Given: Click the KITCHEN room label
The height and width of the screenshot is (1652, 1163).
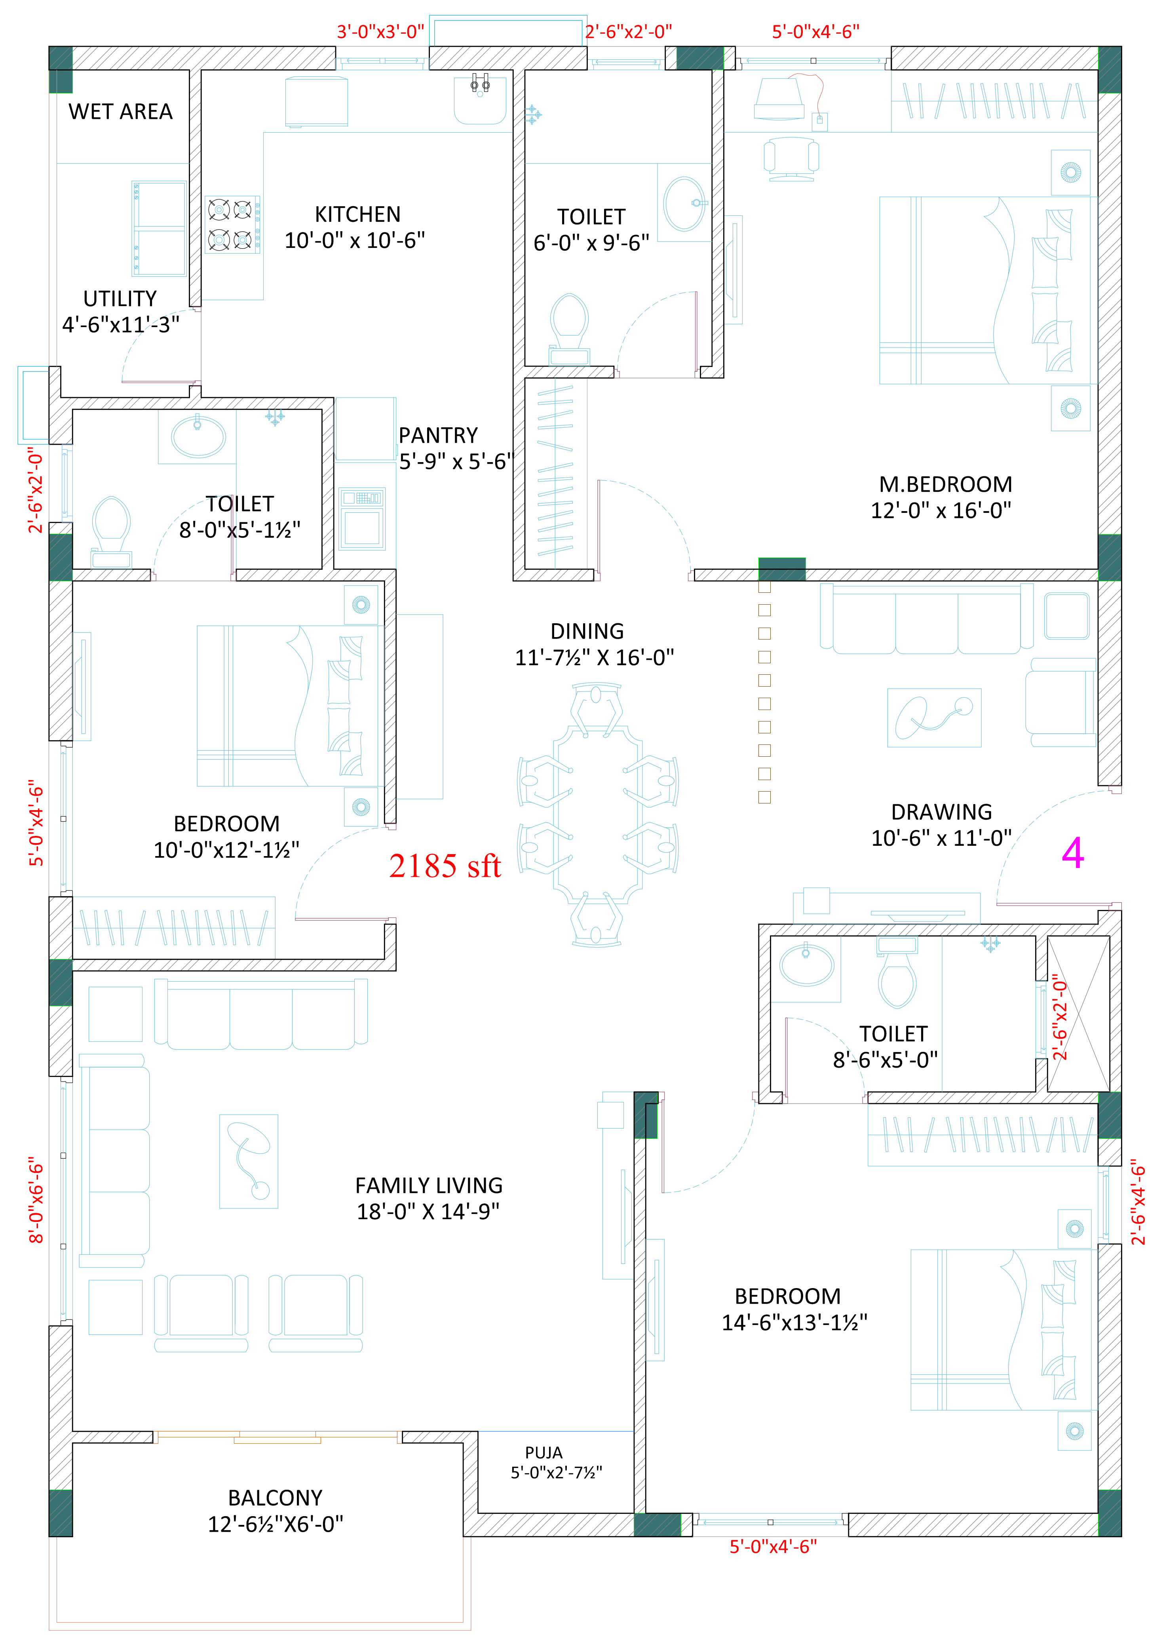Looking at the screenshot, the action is coord(357,214).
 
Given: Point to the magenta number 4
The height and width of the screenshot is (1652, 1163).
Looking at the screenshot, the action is coord(1072,853).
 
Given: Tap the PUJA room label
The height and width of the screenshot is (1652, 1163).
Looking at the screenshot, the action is coord(544,1453).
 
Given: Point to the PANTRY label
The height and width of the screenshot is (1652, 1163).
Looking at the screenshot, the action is coord(438,435).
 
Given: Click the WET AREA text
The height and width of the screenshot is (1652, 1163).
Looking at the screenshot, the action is coord(121,112).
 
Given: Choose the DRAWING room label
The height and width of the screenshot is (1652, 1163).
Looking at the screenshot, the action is coord(941,812).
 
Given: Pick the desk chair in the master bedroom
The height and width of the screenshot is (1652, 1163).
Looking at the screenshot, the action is coord(791,158).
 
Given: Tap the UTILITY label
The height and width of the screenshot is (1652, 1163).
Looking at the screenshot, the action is coord(120,299).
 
